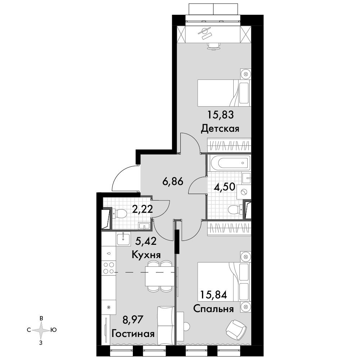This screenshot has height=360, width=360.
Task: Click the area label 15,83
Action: click(x=221, y=114)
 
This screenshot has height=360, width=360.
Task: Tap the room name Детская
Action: click(x=220, y=129)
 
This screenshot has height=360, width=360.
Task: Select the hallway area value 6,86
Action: click(x=173, y=181)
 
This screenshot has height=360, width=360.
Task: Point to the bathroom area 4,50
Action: click(x=224, y=187)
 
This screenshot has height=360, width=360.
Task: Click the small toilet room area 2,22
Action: click(x=142, y=209)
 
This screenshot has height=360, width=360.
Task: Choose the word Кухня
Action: click(x=146, y=255)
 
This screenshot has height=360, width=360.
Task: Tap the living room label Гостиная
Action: click(x=133, y=334)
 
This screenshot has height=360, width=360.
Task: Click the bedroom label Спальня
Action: click(x=213, y=309)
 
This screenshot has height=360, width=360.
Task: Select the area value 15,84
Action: click(x=213, y=295)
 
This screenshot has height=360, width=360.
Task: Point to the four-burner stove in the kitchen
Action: click(x=109, y=268)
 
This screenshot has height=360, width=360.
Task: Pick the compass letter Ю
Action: click(x=54, y=330)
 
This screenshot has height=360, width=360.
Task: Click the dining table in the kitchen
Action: click(x=159, y=276)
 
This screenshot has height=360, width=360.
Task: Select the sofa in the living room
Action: click(x=165, y=325)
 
